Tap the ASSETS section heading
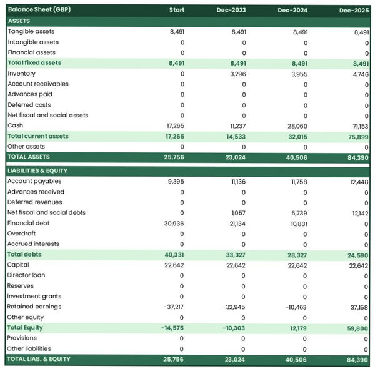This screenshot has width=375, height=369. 19,21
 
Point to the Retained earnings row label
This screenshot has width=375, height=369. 34,307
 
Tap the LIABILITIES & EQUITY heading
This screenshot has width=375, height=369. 37,170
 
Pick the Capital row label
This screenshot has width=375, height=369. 18,265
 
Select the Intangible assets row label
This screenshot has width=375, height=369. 32,42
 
